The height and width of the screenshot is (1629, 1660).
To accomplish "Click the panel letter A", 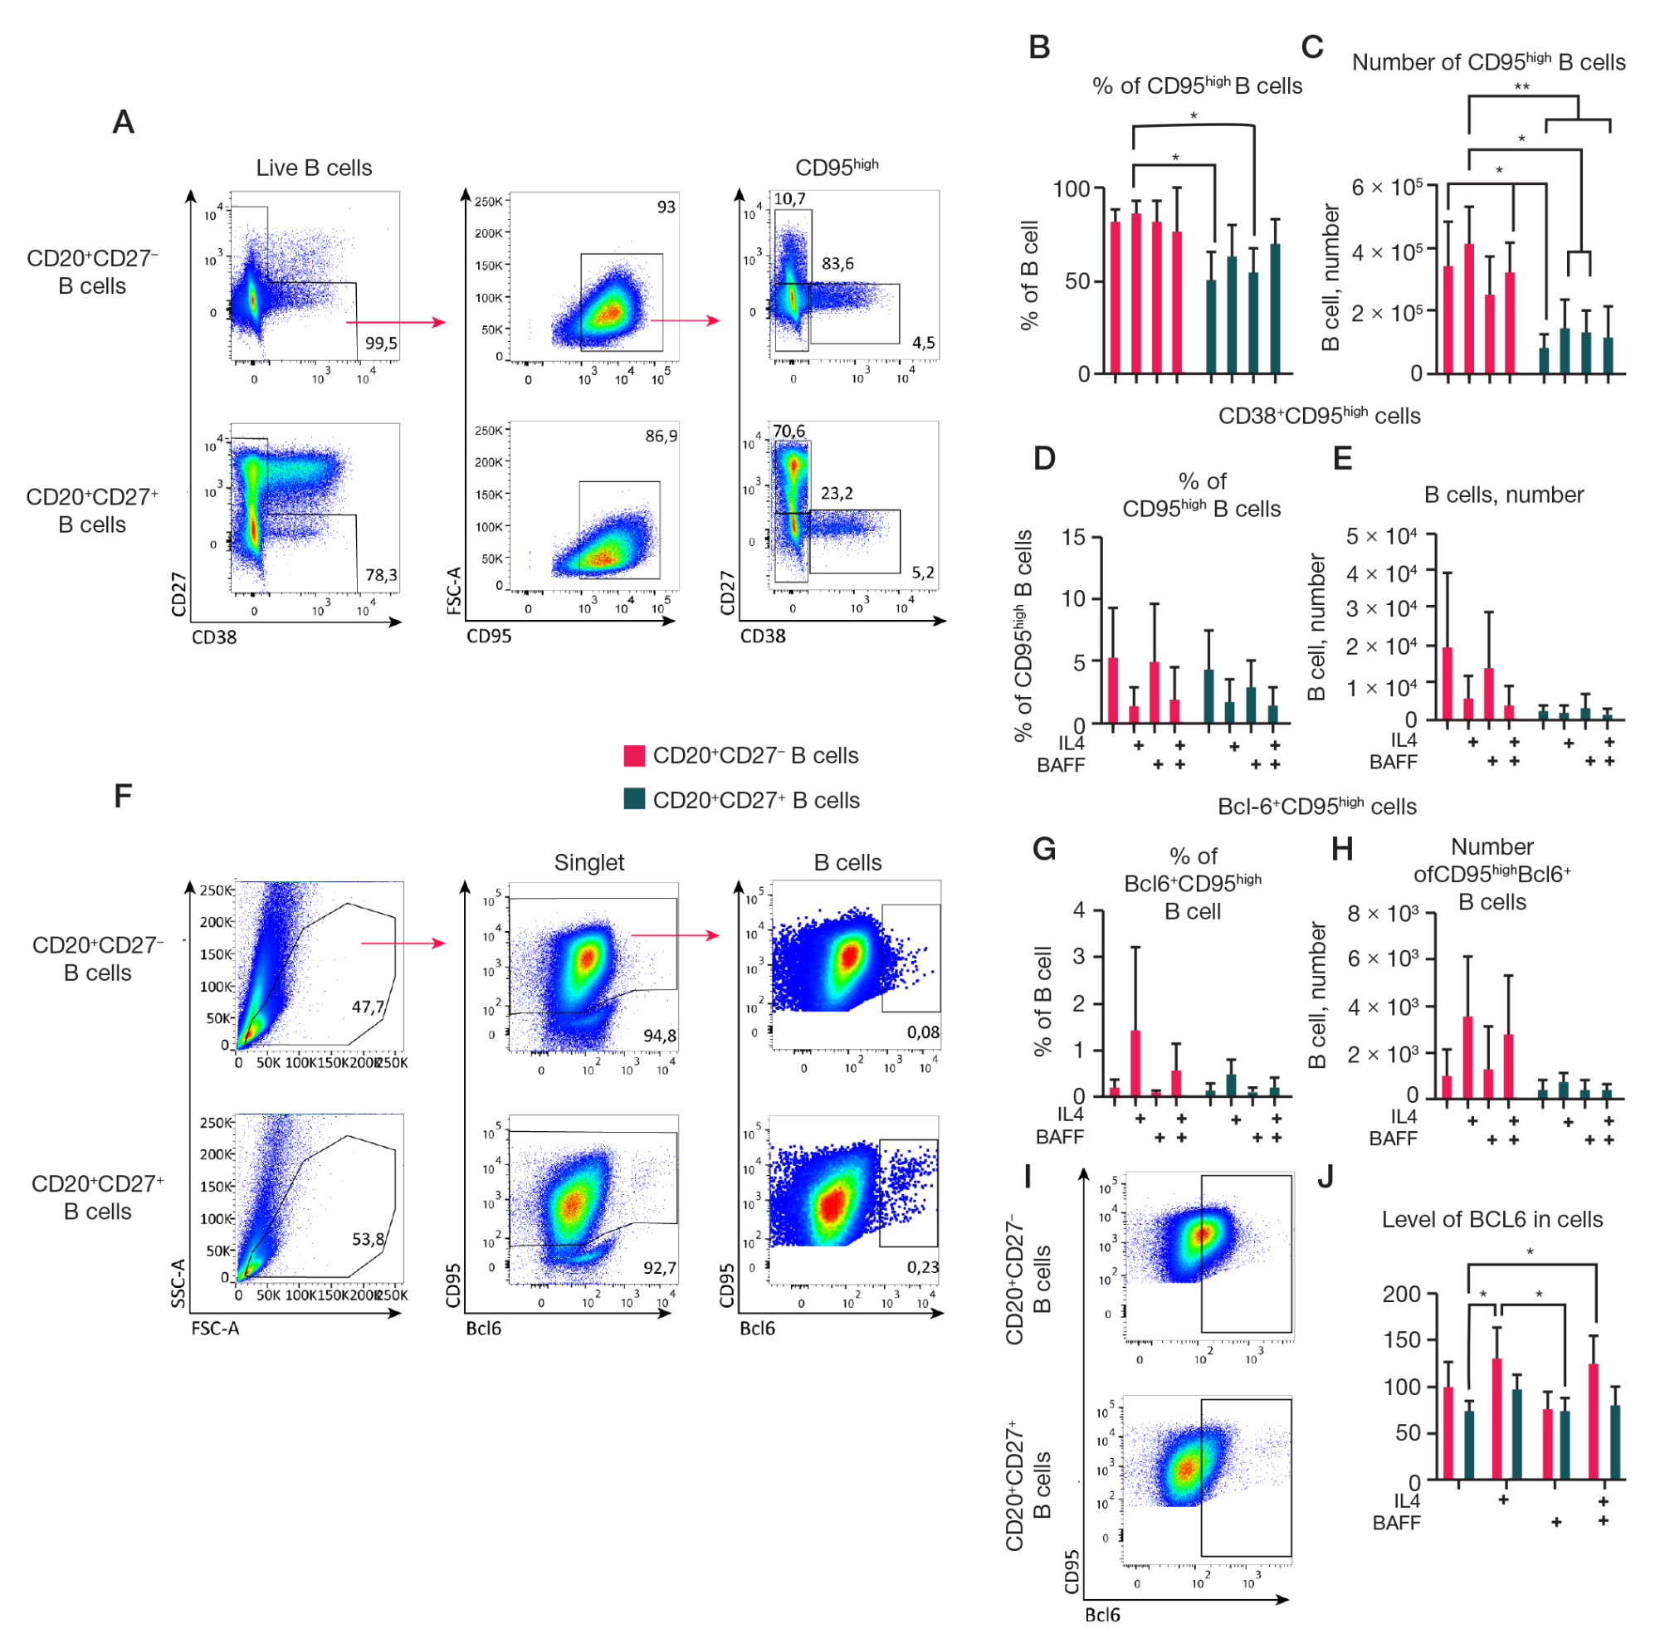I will tap(123, 122).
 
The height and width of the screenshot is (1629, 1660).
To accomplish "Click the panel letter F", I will tap(123, 796).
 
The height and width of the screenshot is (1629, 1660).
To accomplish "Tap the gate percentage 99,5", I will tap(381, 343).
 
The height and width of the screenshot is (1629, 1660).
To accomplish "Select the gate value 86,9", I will tap(661, 437).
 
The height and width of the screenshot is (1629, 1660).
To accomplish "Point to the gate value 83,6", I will tap(837, 264).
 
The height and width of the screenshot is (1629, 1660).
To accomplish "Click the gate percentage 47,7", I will tap(369, 1007).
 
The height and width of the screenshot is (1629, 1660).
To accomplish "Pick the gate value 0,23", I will tap(922, 1267).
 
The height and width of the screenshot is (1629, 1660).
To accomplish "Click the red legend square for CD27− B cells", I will tap(634, 755).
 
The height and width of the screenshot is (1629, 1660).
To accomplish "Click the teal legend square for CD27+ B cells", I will tap(634, 799).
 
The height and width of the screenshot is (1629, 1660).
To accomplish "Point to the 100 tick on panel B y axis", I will tap(1071, 189).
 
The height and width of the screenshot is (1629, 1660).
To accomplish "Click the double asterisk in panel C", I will tap(1521, 87).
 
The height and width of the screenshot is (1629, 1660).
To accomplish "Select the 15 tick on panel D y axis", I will tap(1073, 537).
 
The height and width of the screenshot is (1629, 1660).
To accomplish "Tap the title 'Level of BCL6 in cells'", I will tap(1492, 1219).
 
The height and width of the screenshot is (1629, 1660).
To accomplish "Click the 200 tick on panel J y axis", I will tap(1402, 1295).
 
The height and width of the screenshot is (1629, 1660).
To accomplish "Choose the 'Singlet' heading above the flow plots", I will tap(588, 862).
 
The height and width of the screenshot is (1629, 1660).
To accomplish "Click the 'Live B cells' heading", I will tap(314, 168).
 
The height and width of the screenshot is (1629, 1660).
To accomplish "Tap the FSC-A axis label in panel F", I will tap(215, 1328).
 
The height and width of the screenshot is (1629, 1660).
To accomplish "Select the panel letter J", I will tap(1326, 1178).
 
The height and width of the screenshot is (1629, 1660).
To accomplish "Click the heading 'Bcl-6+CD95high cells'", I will tap(1316, 807).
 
